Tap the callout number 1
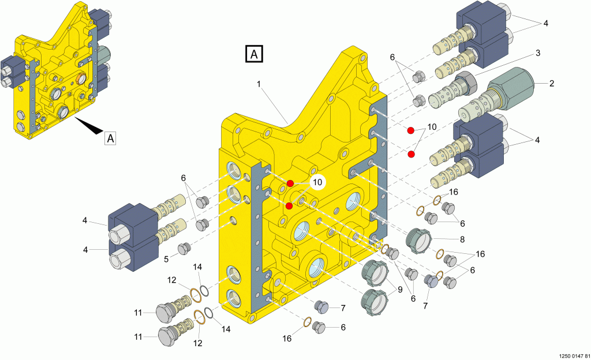pyautogui.click(x=260, y=84)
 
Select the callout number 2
pyautogui.click(x=551, y=84)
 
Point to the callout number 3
pyautogui.click(x=537, y=53)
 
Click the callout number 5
pyautogui.click(x=166, y=259)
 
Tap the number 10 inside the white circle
pyautogui.click(x=317, y=182)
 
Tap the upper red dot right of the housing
pyautogui.click(x=411, y=130)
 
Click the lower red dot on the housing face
pyautogui.click(x=289, y=205)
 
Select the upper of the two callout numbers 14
pyautogui.click(x=197, y=267)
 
